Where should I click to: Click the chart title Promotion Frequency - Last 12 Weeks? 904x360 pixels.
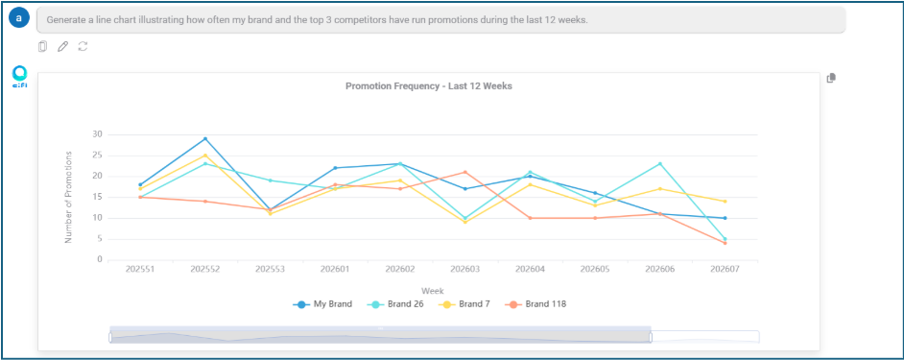428,86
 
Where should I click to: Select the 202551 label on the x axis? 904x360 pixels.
140,269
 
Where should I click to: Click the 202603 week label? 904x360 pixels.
464,269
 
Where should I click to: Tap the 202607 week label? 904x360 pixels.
725,269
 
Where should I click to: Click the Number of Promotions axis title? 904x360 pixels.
68,197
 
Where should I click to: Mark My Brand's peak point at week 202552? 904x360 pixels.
204,138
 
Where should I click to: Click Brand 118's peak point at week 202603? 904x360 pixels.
464,172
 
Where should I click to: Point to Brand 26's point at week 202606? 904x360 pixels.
659,163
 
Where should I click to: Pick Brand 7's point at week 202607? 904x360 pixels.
725,202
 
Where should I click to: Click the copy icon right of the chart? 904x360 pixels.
831,78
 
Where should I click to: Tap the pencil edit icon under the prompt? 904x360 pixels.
62,46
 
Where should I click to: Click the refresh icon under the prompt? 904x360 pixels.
83,46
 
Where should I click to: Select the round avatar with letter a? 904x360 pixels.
19,18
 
